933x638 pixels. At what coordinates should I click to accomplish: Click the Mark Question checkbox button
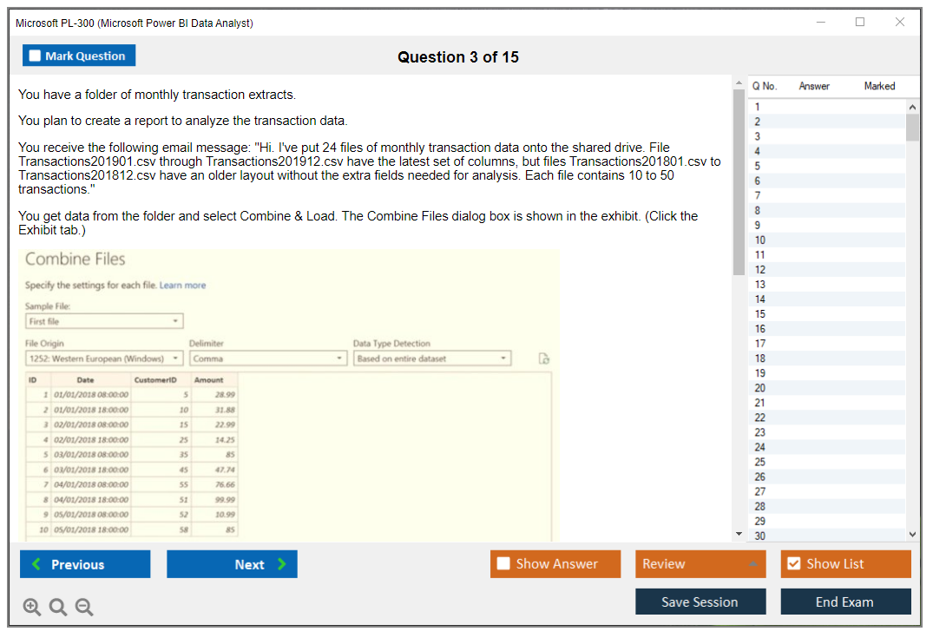[79, 56]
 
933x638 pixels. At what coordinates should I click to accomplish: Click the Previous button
[85, 564]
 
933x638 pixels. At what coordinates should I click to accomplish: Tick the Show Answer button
[555, 564]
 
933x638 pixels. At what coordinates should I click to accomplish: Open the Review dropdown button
[700, 564]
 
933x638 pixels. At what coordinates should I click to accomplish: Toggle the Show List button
[845, 564]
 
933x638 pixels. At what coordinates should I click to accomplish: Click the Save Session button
[700, 602]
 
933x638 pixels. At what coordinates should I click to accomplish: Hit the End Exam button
[845, 602]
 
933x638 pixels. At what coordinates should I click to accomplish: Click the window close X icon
[900, 23]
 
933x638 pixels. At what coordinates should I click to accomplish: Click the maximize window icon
[860, 23]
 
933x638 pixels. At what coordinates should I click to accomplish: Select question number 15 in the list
[760, 314]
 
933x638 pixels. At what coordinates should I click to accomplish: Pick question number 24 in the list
[760, 447]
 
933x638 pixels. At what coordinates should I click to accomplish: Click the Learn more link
[182, 286]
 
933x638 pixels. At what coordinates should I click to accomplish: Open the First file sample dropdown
[104, 321]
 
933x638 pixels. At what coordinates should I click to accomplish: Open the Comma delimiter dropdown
[267, 358]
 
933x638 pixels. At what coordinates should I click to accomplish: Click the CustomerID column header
[155, 380]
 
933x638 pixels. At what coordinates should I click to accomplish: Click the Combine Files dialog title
[76, 260]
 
